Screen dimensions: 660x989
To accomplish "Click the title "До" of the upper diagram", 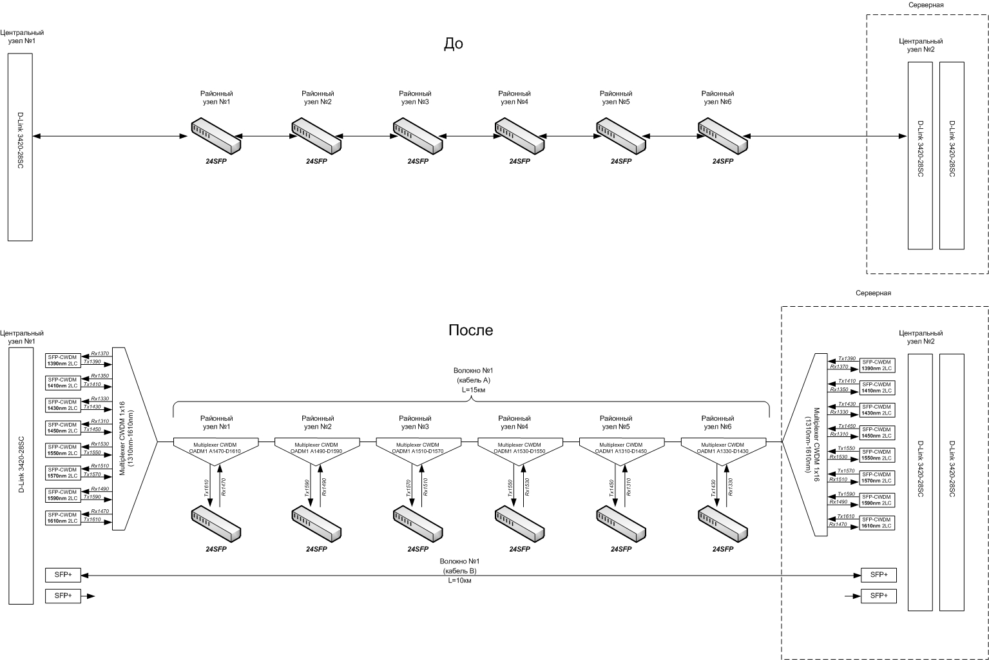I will click(x=454, y=44).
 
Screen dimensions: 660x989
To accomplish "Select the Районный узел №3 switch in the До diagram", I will click(x=418, y=135).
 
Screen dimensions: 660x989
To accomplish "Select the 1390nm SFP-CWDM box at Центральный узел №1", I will click(x=63, y=360).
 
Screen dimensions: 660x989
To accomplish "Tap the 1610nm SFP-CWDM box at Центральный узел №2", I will click(x=878, y=522).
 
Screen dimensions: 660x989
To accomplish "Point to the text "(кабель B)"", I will click(x=460, y=571).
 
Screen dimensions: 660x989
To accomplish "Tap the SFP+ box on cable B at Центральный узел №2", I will click(x=878, y=575).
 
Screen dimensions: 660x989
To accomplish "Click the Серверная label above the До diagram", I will click(x=927, y=5).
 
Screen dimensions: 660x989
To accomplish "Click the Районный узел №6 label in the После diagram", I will click(x=717, y=422).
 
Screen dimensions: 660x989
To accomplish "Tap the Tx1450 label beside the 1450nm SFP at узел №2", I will click(x=847, y=426).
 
